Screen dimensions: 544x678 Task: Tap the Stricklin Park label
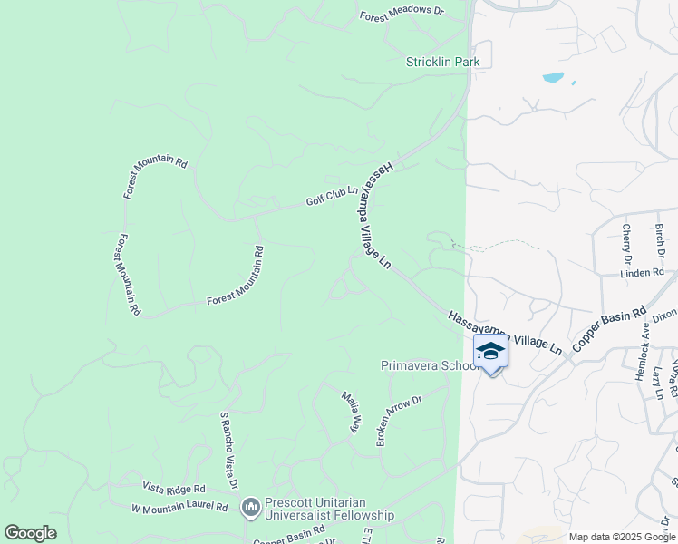point(442,62)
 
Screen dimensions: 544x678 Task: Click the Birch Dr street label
point(660,240)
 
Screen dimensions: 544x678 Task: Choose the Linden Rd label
point(643,272)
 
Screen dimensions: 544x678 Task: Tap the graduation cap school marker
point(490,352)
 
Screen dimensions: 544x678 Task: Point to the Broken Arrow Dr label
point(400,420)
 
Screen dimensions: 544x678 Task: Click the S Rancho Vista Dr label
point(228,451)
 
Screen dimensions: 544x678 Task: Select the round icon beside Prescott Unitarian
point(250,509)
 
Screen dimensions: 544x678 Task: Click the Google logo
point(30,533)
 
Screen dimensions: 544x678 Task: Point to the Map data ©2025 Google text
point(622,537)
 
